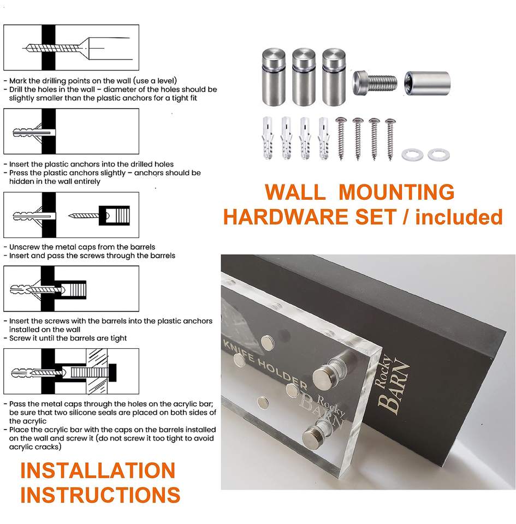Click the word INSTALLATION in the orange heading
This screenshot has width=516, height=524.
click(x=97, y=471)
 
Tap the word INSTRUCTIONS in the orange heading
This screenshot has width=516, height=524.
click(x=100, y=495)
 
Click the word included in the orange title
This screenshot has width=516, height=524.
click(x=459, y=217)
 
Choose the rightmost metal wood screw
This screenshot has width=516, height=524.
click(x=390, y=139)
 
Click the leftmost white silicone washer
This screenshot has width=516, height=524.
click(x=412, y=155)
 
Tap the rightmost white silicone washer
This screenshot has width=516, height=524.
click(x=438, y=155)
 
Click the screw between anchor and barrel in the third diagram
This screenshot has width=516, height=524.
click(x=82, y=216)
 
